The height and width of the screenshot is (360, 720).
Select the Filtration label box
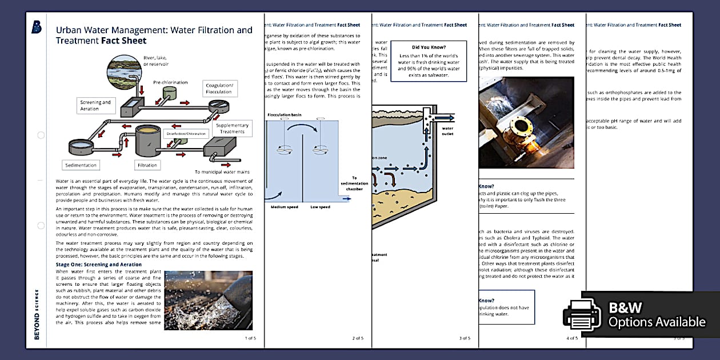147,165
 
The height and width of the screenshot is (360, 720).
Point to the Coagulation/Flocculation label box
219,89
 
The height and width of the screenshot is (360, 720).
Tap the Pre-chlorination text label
170,82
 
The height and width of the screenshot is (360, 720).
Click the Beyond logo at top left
37,27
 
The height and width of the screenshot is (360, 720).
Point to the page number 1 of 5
250,338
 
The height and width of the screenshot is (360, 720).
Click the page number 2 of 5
358,338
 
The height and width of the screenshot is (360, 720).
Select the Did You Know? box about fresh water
429,61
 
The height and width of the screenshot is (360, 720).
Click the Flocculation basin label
285,115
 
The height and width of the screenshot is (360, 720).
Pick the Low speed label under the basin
320,206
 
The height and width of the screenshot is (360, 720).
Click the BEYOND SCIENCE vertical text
37,314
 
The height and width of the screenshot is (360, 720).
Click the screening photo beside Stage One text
208,299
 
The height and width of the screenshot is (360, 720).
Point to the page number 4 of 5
572,338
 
